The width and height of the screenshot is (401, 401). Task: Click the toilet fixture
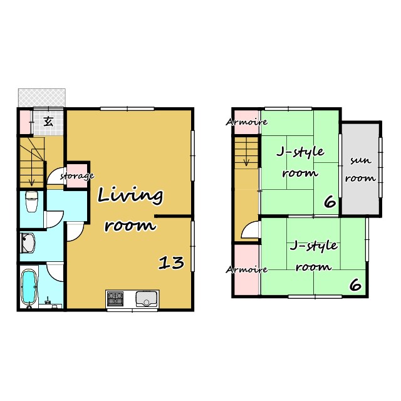point(32,202)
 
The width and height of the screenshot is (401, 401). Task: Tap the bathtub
point(29,287)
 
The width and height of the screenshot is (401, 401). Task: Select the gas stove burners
point(115,298)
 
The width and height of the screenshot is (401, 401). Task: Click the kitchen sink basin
point(146,299)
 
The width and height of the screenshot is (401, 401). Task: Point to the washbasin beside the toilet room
point(28,243)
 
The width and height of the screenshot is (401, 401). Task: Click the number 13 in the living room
point(171,263)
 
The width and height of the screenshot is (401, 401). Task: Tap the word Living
point(130,195)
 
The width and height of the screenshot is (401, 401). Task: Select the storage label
point(77,176)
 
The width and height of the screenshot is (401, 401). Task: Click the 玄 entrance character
point(48,121)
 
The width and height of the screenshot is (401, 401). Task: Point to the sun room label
point(361,169)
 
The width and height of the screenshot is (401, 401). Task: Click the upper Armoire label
point(246,122)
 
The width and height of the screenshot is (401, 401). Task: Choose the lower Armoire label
point(246,269)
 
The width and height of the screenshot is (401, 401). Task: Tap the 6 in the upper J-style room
point(330,202)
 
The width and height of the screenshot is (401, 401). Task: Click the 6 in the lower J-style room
point(355,284)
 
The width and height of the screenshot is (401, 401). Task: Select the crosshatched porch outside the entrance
point(42,98)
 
